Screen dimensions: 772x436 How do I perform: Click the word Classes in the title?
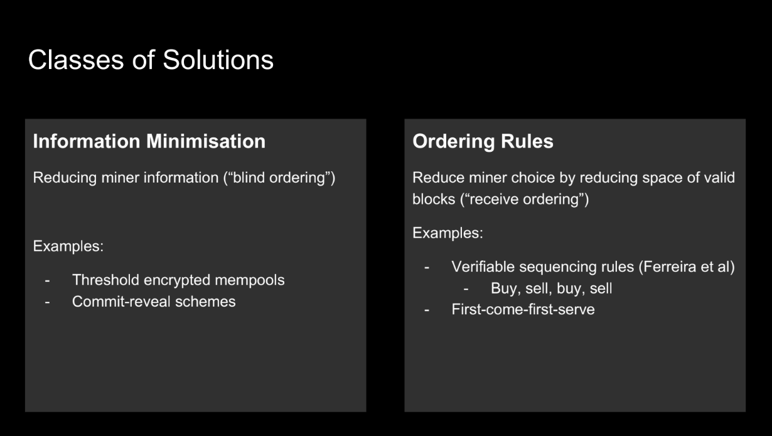[x=76, y=60]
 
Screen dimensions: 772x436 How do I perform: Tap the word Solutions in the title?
[x=218, y=60]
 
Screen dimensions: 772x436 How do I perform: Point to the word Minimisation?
[x=206, y=141]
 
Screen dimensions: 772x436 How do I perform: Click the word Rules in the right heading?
[x=527, y=141]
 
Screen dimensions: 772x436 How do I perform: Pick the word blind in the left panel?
[x=248, y=178]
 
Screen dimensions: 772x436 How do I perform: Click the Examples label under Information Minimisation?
[x=68, y=247]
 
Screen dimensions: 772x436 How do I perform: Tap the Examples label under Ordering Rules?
[x=448, y=233]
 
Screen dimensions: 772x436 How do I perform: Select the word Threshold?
[x=105, y=280]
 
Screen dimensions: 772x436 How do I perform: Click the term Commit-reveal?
[x=121, y=302]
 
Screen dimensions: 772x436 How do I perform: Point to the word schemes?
[x=205, y=302]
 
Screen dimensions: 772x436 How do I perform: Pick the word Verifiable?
[x=483, y=267]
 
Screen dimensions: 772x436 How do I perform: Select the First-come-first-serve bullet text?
[x=523, y=310]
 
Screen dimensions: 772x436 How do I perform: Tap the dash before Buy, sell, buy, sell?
[x=466, y=289]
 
